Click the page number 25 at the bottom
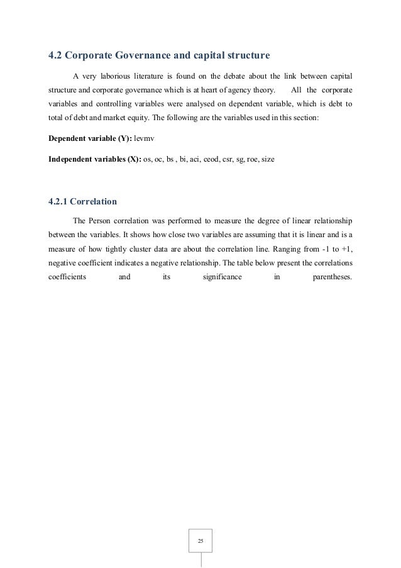pyautogui.click(x=200, y=540)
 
